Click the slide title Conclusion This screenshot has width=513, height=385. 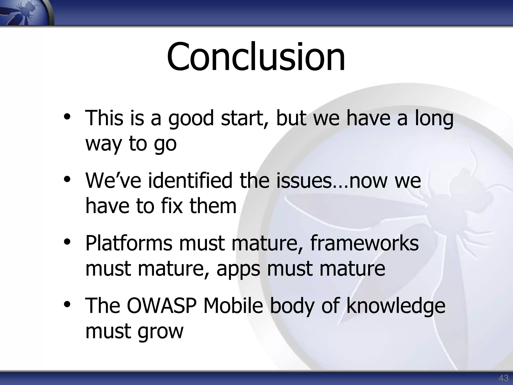coord(256,57)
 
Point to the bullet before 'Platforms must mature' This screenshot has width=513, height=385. coord(67,242)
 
